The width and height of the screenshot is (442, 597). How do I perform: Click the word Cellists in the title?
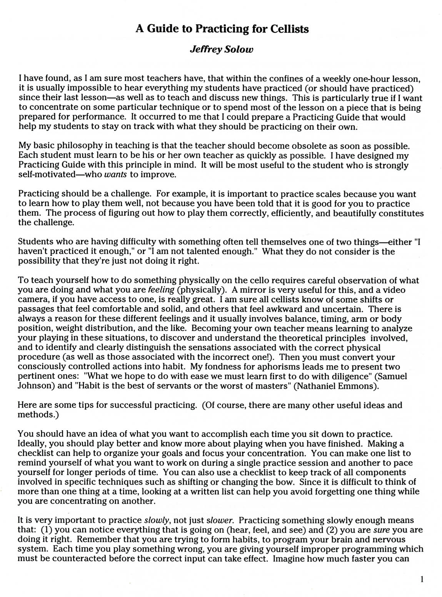287,29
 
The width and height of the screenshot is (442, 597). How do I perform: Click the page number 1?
422,579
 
